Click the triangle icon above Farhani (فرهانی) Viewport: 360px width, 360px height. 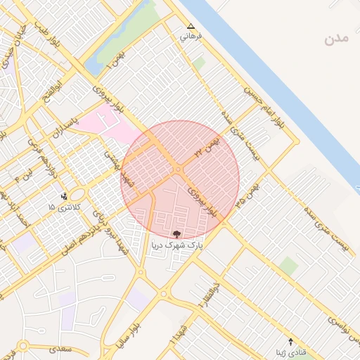(x=191, y=26)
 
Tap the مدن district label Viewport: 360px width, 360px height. (x=337, y=39)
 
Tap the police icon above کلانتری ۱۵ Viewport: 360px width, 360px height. (x=65, y=196)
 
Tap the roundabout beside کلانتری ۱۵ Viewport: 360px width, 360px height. (x=77, y=193)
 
